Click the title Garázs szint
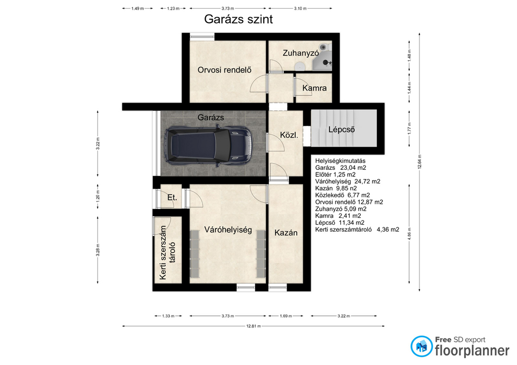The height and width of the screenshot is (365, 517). pos(239,19)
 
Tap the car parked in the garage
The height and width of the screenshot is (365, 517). pos(208,146)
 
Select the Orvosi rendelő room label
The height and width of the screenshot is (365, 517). pos(225,70)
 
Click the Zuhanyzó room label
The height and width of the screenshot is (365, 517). pos(301,53)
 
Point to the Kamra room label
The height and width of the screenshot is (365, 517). pos(314,88)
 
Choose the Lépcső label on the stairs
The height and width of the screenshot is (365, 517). pos(341,130)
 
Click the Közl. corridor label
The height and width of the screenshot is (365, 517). pos(289,135)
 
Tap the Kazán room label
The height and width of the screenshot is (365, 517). pos(286,233)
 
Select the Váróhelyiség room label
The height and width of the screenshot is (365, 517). pos(228,230)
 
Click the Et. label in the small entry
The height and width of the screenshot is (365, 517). pos(172,197)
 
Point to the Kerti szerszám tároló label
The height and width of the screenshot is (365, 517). pos(167,253)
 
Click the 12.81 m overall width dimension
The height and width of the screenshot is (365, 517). pos(254,326)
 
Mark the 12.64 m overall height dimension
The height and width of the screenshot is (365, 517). pos(420,162)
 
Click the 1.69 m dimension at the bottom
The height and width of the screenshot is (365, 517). pos(286,316)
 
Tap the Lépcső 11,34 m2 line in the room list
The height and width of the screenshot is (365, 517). pos(340,223)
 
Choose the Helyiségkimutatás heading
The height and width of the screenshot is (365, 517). pos(340,161)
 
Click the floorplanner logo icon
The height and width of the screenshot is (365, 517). pos(421,346)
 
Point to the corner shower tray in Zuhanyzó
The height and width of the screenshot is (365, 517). pos(322,61)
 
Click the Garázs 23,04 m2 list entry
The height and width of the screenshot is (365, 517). pos(340,168)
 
